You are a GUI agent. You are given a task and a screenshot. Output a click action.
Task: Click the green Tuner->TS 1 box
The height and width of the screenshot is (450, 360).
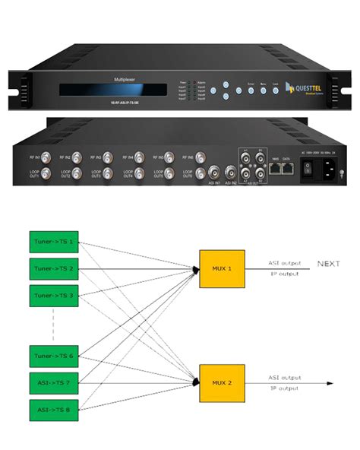[53, 241]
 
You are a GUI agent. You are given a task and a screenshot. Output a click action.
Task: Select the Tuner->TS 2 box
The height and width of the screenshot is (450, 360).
[53, 268]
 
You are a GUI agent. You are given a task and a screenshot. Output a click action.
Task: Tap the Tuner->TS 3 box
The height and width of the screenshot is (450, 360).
[53, 294]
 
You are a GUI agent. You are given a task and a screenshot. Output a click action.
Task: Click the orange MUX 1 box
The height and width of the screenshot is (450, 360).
[221, 268]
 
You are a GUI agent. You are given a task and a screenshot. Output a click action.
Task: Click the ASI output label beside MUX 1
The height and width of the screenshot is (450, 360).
[283, 263]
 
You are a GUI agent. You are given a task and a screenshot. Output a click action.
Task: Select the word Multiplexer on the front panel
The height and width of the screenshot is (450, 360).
[125, 78]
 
